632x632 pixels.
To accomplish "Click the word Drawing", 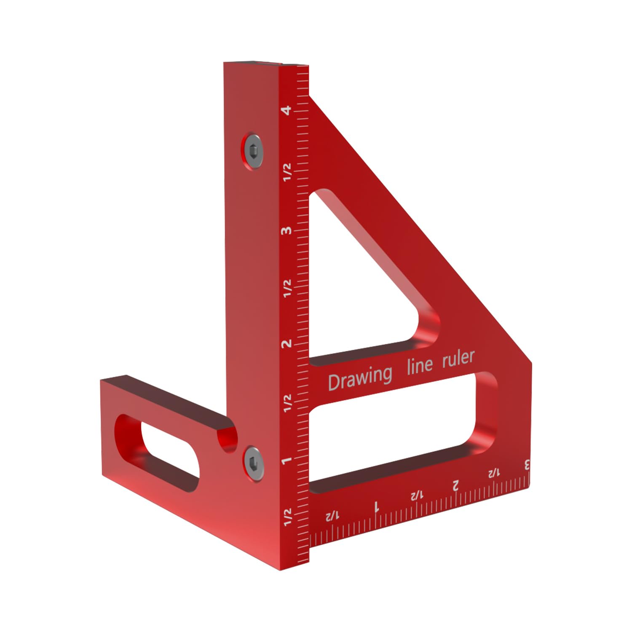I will click(359, 378).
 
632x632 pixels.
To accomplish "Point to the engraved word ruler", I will click(458, 358).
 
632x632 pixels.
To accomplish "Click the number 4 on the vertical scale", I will click(287, 110).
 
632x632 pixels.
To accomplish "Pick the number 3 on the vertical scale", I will click(287, 230).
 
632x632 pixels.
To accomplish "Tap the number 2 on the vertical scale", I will click(287, 343).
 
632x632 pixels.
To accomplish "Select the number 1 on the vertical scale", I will click(287, 460).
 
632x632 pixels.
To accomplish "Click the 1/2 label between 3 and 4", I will click(287, 172).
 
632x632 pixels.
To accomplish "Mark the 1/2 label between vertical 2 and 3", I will click(287, 288).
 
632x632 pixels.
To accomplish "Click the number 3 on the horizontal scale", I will click(526, 466).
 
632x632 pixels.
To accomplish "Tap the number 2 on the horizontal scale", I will click(455, 486).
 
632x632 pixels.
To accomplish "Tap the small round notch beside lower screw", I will click(228, 440).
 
